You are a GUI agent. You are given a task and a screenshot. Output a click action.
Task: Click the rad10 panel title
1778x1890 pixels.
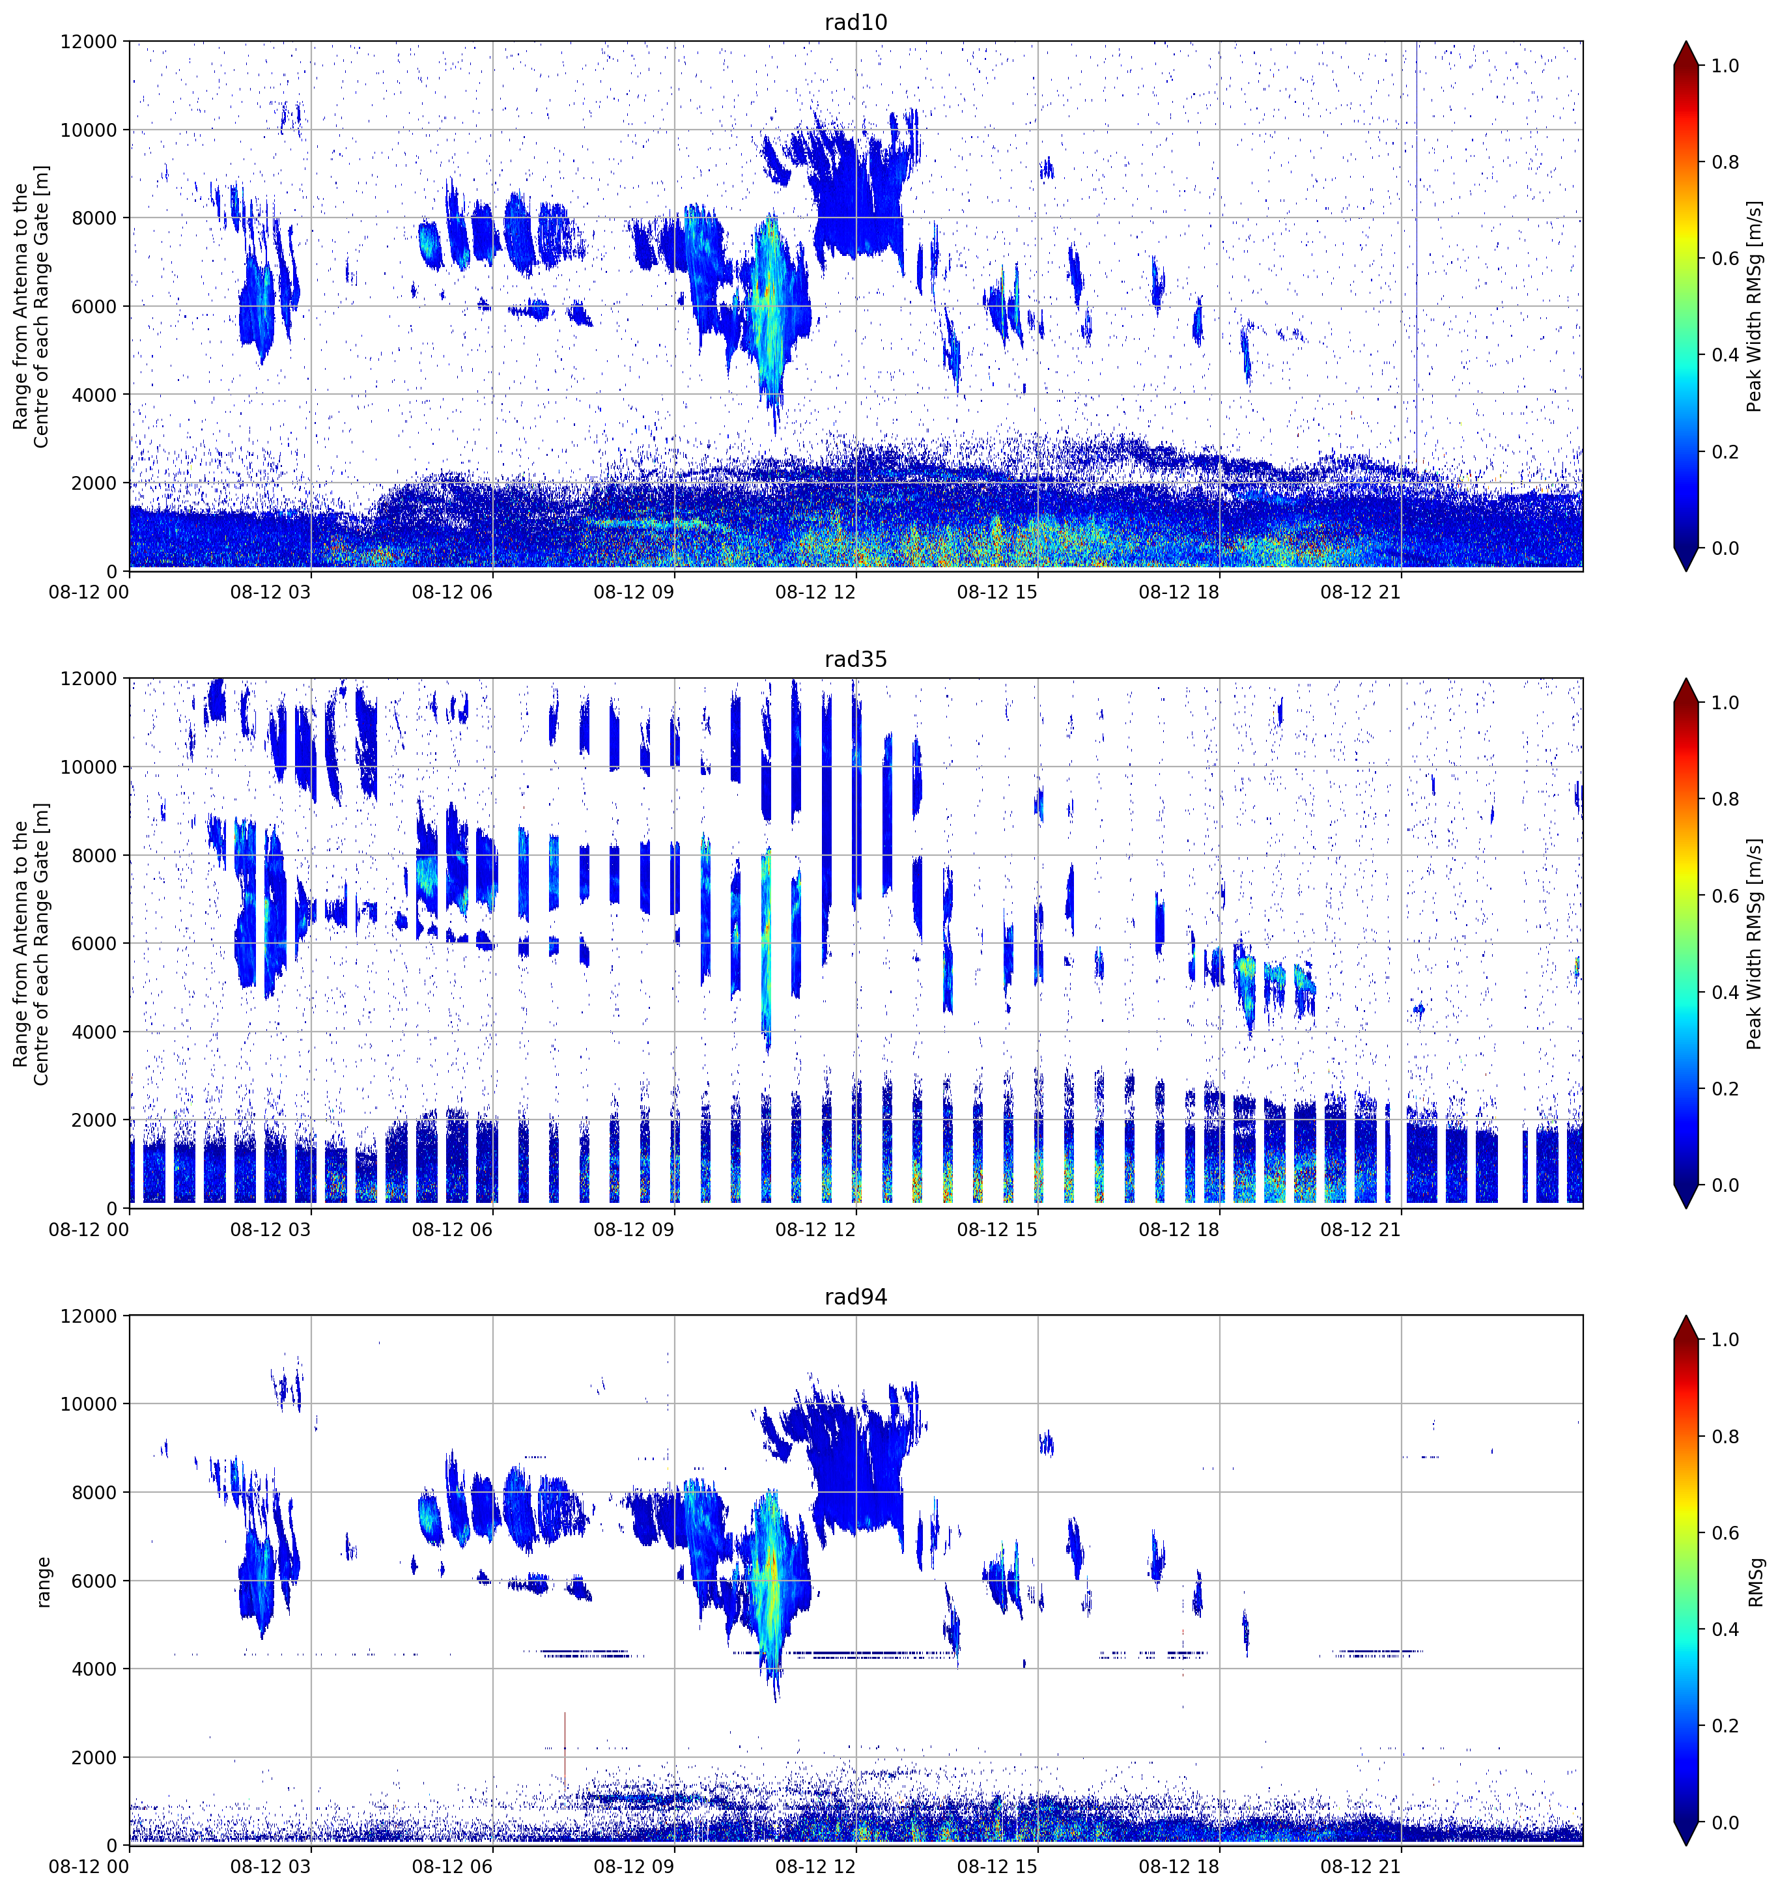pyautogui.click(x=856, y=22)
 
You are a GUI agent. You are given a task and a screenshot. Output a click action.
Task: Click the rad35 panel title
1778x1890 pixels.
pyautogui.click(x=856, y=659)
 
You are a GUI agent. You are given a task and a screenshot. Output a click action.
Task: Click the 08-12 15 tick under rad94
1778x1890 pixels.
pyautogui.click(x=997, y=1867)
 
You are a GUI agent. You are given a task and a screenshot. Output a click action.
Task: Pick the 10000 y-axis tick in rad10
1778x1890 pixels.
pyautogui.click(x=89, y=130)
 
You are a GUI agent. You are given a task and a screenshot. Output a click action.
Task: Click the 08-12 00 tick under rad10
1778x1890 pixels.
pyautogui.click(x=89, y=592)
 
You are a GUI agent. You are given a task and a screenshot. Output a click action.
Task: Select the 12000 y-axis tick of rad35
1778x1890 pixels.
pyautogui.click(x=89, y=679)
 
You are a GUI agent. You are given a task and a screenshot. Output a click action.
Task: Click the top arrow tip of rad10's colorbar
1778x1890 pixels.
pyautogui.click(x=1686, y=42)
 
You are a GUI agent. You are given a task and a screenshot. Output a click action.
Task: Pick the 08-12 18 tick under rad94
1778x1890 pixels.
pyautogui.click(x=1179, y=1867)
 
